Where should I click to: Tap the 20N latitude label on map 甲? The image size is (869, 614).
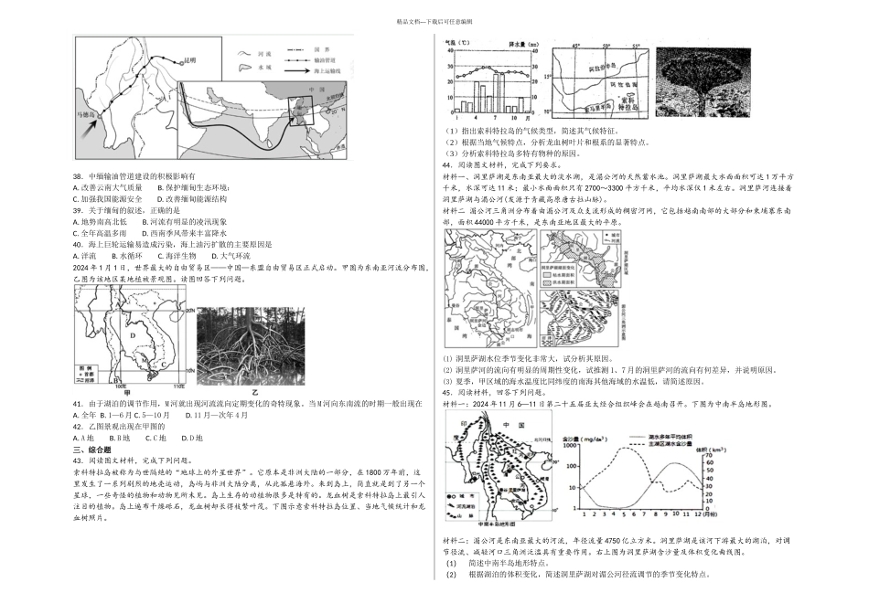click(189, 312)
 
